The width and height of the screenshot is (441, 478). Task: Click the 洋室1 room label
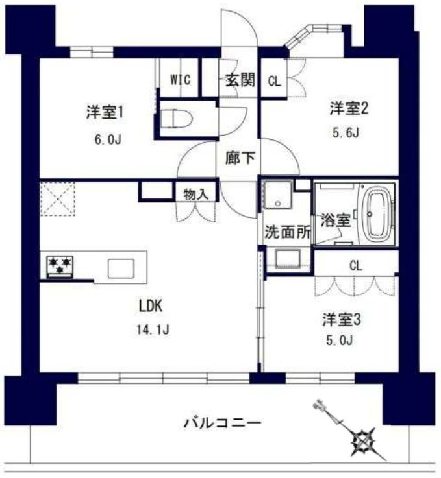coord(105,112)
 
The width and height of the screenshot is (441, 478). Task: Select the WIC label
coord(180,80)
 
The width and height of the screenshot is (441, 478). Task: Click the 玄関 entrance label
coord(240,80)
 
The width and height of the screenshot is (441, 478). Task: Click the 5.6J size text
coord(344,134)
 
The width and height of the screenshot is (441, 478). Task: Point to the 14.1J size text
coord(154,329)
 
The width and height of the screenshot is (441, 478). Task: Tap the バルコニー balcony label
coord(222,424)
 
